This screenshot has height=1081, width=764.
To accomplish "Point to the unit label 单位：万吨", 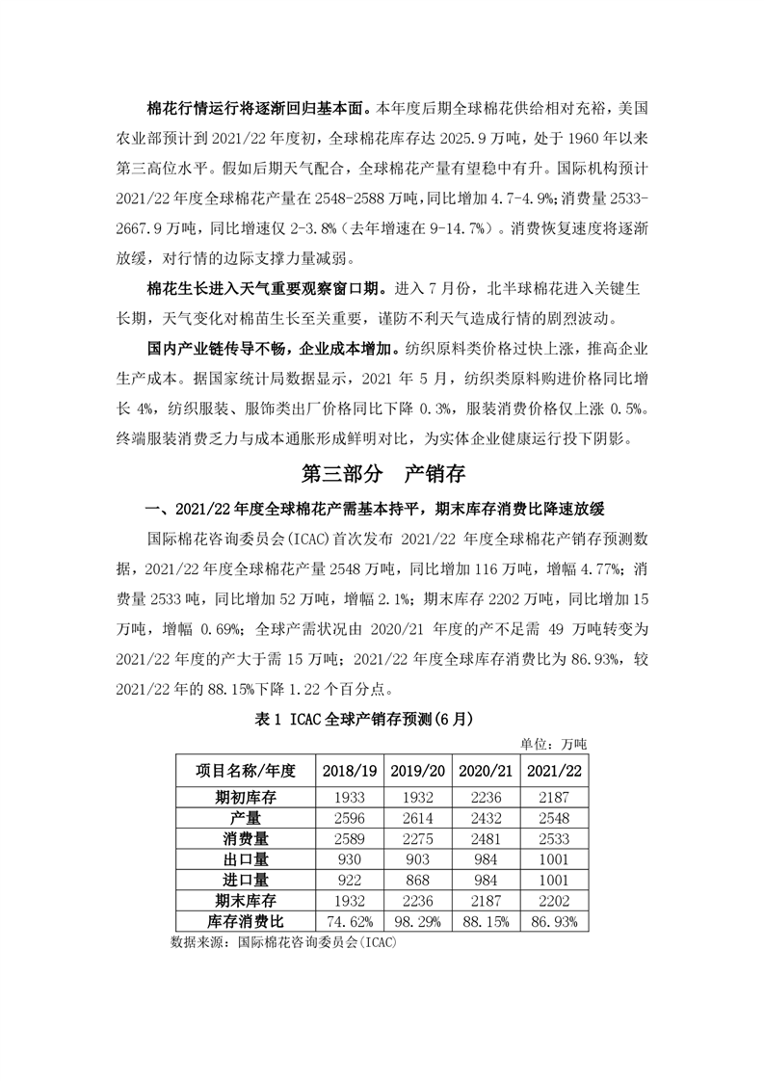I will pyautogui.click(x=559, y=743).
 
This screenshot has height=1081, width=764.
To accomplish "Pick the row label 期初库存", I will pyautogui.click(x=246, y=798).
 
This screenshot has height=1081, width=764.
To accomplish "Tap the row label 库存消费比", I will pyautogui.click(x=246, y=922).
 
